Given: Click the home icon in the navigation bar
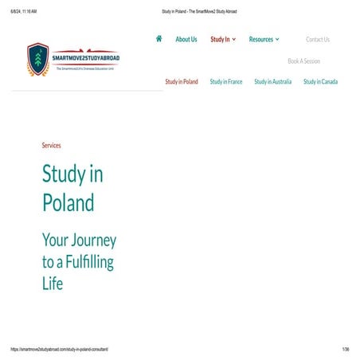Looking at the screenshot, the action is point(159,38).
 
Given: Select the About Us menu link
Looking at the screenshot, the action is point(186,39).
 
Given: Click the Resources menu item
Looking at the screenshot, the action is point(264,39).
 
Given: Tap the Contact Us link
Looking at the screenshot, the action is point(318,39).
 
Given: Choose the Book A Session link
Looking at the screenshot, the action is point(304,61).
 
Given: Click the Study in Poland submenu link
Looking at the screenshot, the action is point(182,82).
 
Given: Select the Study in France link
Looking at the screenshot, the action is point(226,82).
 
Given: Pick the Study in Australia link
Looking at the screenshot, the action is point(272,82).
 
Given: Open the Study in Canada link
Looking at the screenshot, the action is point(320,82).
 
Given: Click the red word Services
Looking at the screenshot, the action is point(51,145).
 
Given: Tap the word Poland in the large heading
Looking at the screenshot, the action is point(68,202).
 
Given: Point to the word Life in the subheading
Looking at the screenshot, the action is point(52,282).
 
